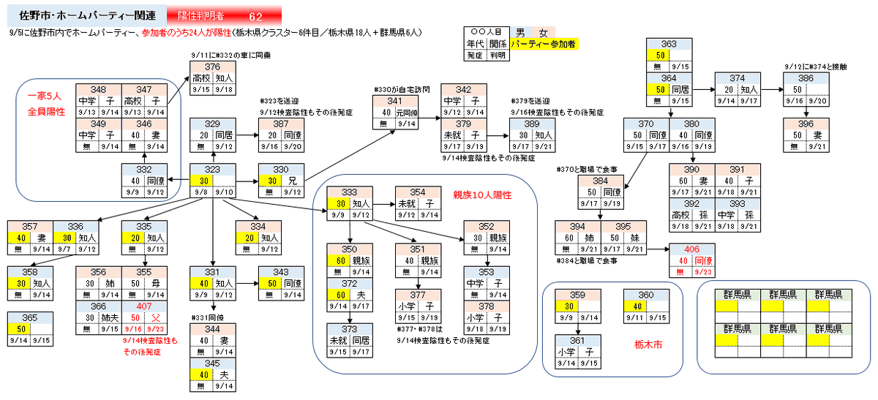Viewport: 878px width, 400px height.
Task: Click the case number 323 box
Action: [212, 169]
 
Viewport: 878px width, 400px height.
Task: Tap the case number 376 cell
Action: [213, 67]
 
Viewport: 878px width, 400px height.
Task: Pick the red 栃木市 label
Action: [646, 344]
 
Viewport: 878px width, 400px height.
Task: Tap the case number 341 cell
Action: [395, 101]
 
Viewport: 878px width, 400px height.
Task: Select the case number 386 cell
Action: [806, 78]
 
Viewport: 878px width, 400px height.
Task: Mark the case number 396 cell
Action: [806, 124]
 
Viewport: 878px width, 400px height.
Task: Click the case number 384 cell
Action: [600, 180]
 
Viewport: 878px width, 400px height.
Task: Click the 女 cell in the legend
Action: [543, 33]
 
